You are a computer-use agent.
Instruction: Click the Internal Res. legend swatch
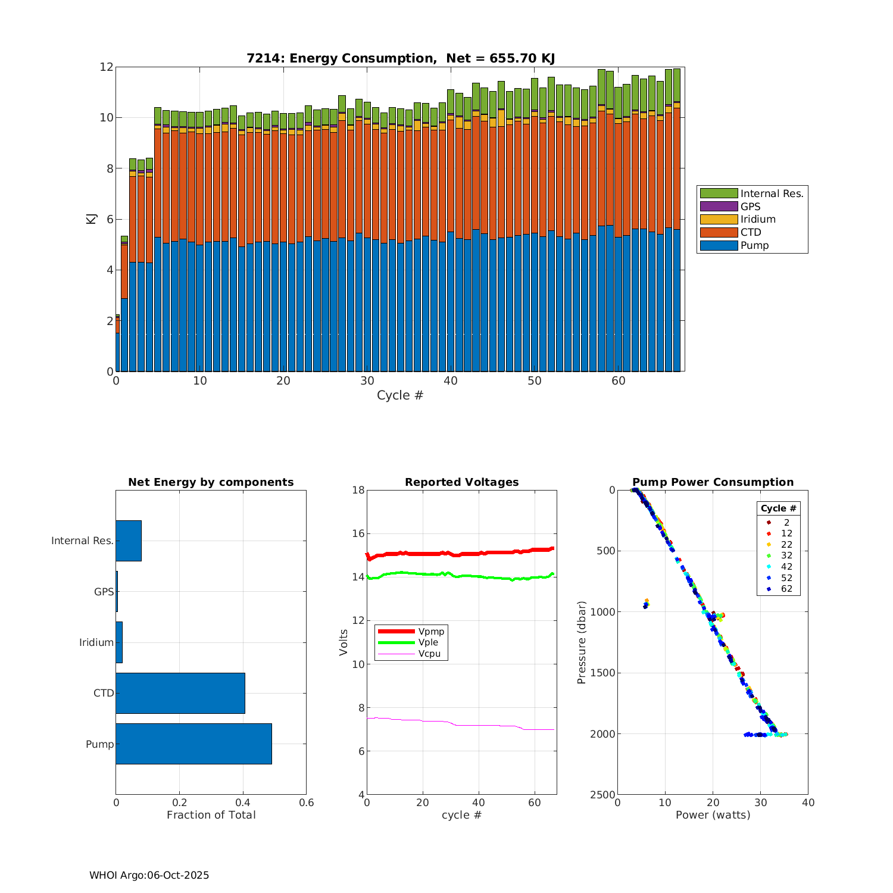tap(719, 193)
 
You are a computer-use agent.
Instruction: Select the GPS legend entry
tap(750, 207)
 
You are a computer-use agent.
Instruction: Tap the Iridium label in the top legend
tap(758, 220)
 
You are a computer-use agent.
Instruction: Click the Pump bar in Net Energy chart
tap(193, 744)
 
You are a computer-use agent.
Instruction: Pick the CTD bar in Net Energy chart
tap(180, 693)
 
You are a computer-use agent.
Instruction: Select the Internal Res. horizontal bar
tap(129, 541)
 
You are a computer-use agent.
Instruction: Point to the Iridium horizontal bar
tap(119, 642)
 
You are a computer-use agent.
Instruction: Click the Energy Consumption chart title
tap(401, 58)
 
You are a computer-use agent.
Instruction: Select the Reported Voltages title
tap(461, 482)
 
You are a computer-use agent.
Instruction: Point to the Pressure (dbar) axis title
tap(582, 642)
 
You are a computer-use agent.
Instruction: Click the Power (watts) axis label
tap(713, 815)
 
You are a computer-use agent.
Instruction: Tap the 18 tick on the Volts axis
tap(358, 490)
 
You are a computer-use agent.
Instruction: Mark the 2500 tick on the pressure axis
tap(602, 795)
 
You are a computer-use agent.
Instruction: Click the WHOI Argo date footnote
tap(149, 875)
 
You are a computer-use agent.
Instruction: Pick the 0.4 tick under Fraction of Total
tap(243, 803)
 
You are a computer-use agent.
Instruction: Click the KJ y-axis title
tap(91, 218)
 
